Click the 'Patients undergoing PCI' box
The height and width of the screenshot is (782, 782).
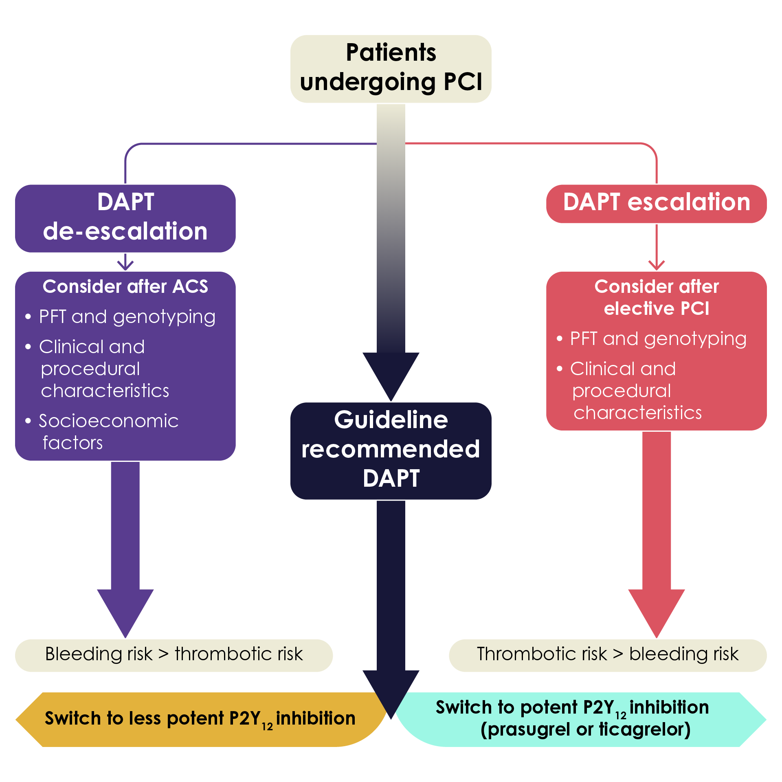point(391,68)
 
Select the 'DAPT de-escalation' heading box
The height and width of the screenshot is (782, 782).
point(125,217)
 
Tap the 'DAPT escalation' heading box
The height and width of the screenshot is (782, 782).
point(656,202)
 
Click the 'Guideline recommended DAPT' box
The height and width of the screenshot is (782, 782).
point(391,450)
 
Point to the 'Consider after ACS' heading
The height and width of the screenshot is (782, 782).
point(125,287)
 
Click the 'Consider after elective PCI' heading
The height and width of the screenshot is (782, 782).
point(656,297)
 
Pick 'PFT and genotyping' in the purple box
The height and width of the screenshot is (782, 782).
point(127,317)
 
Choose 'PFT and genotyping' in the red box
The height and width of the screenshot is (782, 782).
point(658,339)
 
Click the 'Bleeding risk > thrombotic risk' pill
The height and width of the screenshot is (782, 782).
point(174,654)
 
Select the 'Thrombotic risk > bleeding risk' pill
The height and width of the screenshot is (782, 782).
point(607,654)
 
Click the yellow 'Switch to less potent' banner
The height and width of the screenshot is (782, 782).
point(200,719)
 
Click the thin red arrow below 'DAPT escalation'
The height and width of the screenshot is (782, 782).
point(656,248)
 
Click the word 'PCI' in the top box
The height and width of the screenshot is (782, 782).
point(463,82)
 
